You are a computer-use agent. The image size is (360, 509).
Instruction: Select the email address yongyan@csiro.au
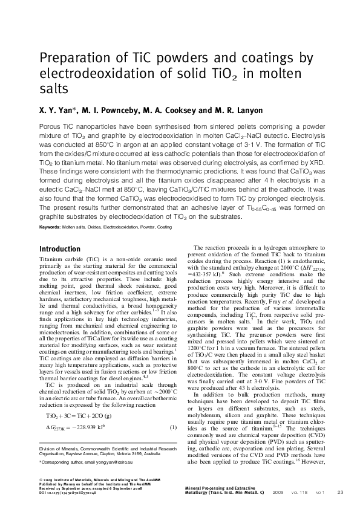pyautogui.click(x=127, y=462)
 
